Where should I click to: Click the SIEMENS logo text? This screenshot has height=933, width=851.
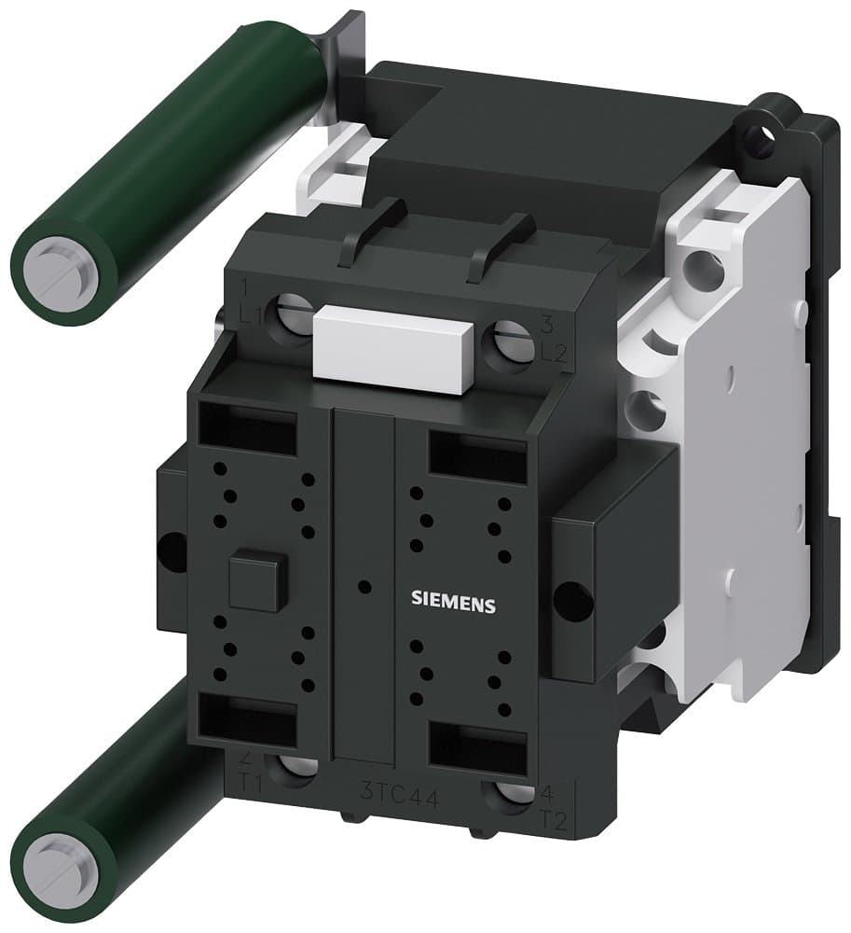[454, 604]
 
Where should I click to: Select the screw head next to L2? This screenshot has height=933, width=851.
[511, 341]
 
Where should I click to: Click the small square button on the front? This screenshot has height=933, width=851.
[254, 582]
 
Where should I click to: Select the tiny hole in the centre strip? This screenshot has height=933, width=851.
[364, 587]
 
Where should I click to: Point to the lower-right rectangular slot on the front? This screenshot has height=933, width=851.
[476, 746]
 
